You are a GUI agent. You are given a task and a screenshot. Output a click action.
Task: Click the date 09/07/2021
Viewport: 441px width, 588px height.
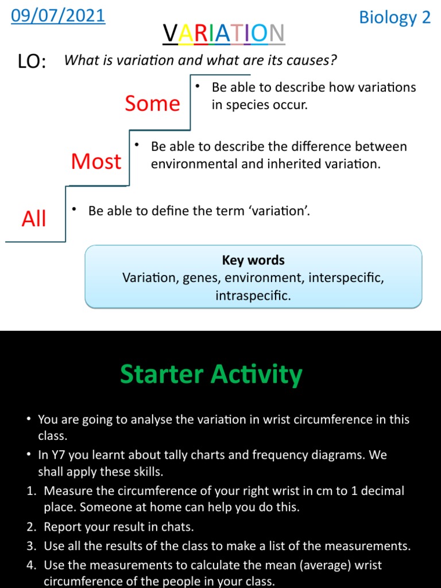pos(58,16)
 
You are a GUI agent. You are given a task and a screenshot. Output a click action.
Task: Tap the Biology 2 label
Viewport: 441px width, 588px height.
pos(394,17)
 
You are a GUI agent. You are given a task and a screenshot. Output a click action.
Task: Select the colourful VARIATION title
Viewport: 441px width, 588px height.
pos(223,35)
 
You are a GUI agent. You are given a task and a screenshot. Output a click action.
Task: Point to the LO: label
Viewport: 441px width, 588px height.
pos(33,62)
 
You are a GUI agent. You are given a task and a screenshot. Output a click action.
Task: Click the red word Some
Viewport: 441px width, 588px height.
pos(152,104)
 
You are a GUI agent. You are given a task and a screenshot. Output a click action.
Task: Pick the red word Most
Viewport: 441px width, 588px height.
pos(96,162)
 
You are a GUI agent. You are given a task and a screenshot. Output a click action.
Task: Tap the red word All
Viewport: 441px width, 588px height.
pos(33,219)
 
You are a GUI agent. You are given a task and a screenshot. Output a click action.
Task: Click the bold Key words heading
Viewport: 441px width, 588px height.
pos(253,260)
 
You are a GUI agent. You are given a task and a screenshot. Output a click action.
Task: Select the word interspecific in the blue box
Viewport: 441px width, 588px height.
pos(346,278)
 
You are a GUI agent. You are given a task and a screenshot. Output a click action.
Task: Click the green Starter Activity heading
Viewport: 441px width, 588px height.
pos(211,375)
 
